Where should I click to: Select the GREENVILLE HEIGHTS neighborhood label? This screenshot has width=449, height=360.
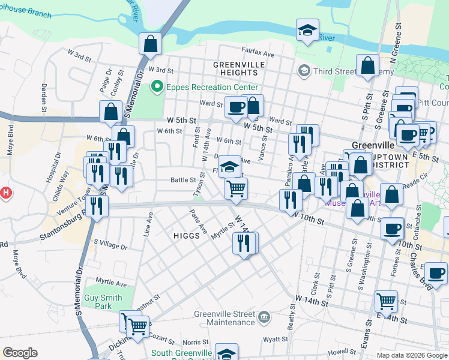click(x=239, y=68)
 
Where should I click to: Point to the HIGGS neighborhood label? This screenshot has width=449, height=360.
click(x=186, y=236)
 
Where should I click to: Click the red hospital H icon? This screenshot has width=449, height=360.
click(x=5, y=193)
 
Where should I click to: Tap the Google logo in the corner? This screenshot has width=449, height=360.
click(x=20, y=353)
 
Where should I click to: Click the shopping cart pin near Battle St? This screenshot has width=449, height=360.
click(x=236, y=188)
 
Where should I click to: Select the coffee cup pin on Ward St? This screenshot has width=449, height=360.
click(x=235, y=107)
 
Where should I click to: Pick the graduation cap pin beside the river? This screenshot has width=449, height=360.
click(x=307, y=31)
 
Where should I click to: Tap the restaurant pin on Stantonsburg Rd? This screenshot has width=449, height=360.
click(x=96, y=206)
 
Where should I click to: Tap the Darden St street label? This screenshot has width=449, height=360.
click(x=44, y=97)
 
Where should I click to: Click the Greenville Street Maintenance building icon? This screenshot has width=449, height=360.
click(x=264, y=316)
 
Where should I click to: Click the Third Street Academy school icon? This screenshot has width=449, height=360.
click(x=304, y=71)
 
